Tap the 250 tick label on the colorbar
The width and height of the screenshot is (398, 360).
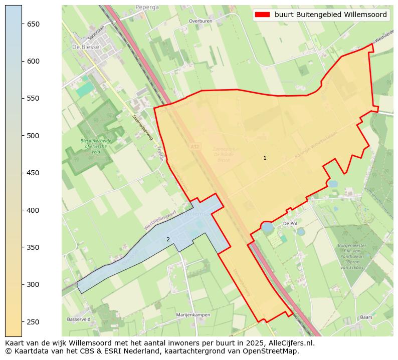[34, 321]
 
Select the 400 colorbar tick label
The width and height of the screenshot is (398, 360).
[34, 210]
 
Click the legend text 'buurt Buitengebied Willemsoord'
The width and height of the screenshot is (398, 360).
[330, 15]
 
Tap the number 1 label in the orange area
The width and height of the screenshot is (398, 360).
[265, 158]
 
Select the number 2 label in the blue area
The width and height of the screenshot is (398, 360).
[168, 239]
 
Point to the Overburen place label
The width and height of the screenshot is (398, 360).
[200, 22]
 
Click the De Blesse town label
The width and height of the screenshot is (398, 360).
[86, 47]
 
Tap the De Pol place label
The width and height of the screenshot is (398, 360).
[290, 224]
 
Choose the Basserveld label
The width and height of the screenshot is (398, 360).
[79, 319]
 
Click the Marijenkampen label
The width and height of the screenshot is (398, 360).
[193, 315]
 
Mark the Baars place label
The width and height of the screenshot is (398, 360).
[366, 317]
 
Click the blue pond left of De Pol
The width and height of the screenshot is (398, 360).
[267, 227]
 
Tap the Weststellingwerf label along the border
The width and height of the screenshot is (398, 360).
[160, 220]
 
